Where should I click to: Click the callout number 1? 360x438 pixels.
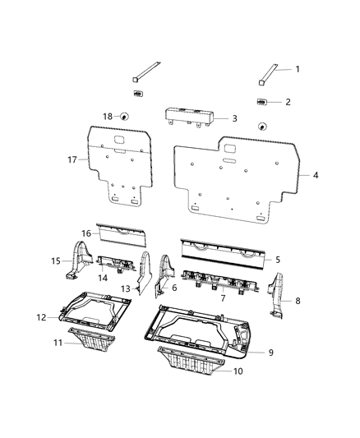click(298, 71)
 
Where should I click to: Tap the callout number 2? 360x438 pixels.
click(288, 102)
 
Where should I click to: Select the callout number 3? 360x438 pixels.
click(234, 119)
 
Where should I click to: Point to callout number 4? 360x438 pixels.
click(315, 175)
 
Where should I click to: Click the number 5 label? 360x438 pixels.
click(278, 260)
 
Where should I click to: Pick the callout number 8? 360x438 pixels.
click(297, 301)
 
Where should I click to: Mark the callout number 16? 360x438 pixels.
click(85, 233)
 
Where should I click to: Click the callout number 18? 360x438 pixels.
click(106, 117)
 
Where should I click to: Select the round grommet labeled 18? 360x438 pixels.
click(123, 118)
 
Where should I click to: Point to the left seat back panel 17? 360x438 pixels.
click(122, 168)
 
